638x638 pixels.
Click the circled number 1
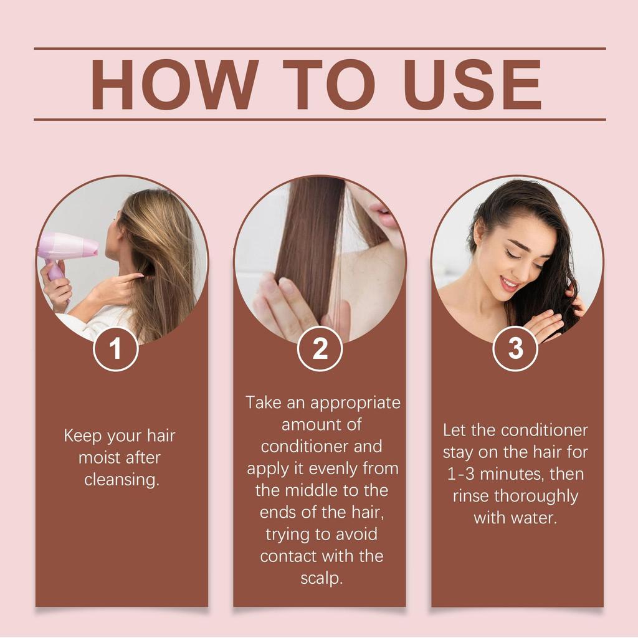pyautogui.click(x=115, y=348)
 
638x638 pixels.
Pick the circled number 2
pyautogui.click(x=320, y=348)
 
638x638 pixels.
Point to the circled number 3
pyautogui.click(x=515, y=348)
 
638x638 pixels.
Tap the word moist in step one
pyautogui.click(x=100, y=458)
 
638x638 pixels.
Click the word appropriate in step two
pyautogui.click(x=355, y=403)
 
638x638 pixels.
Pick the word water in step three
pyautogui.click(x=534, y=518)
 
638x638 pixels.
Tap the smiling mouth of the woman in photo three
pyautogui.click(x=509, y=284)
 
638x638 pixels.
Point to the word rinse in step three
pyautogui.click(x=471, y=496)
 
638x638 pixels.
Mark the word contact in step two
pyautogui.click(x=288, y=556)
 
